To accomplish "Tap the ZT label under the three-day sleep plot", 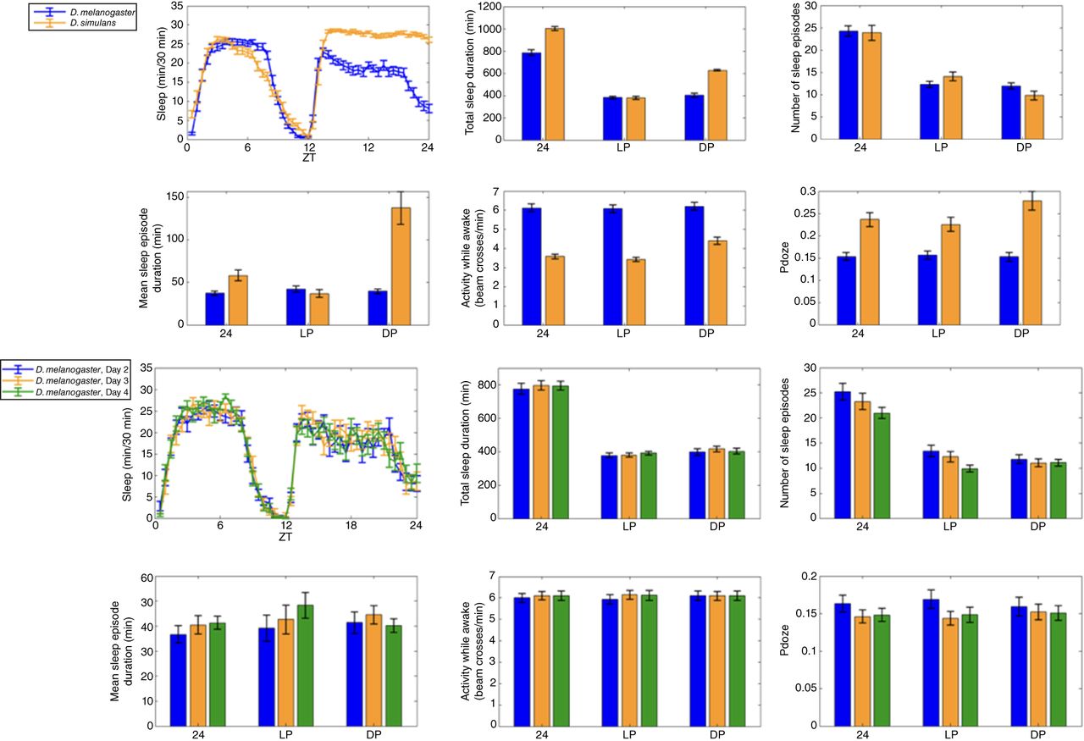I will pos(285,536).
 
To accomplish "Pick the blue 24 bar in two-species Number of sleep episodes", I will pos(850,85).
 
